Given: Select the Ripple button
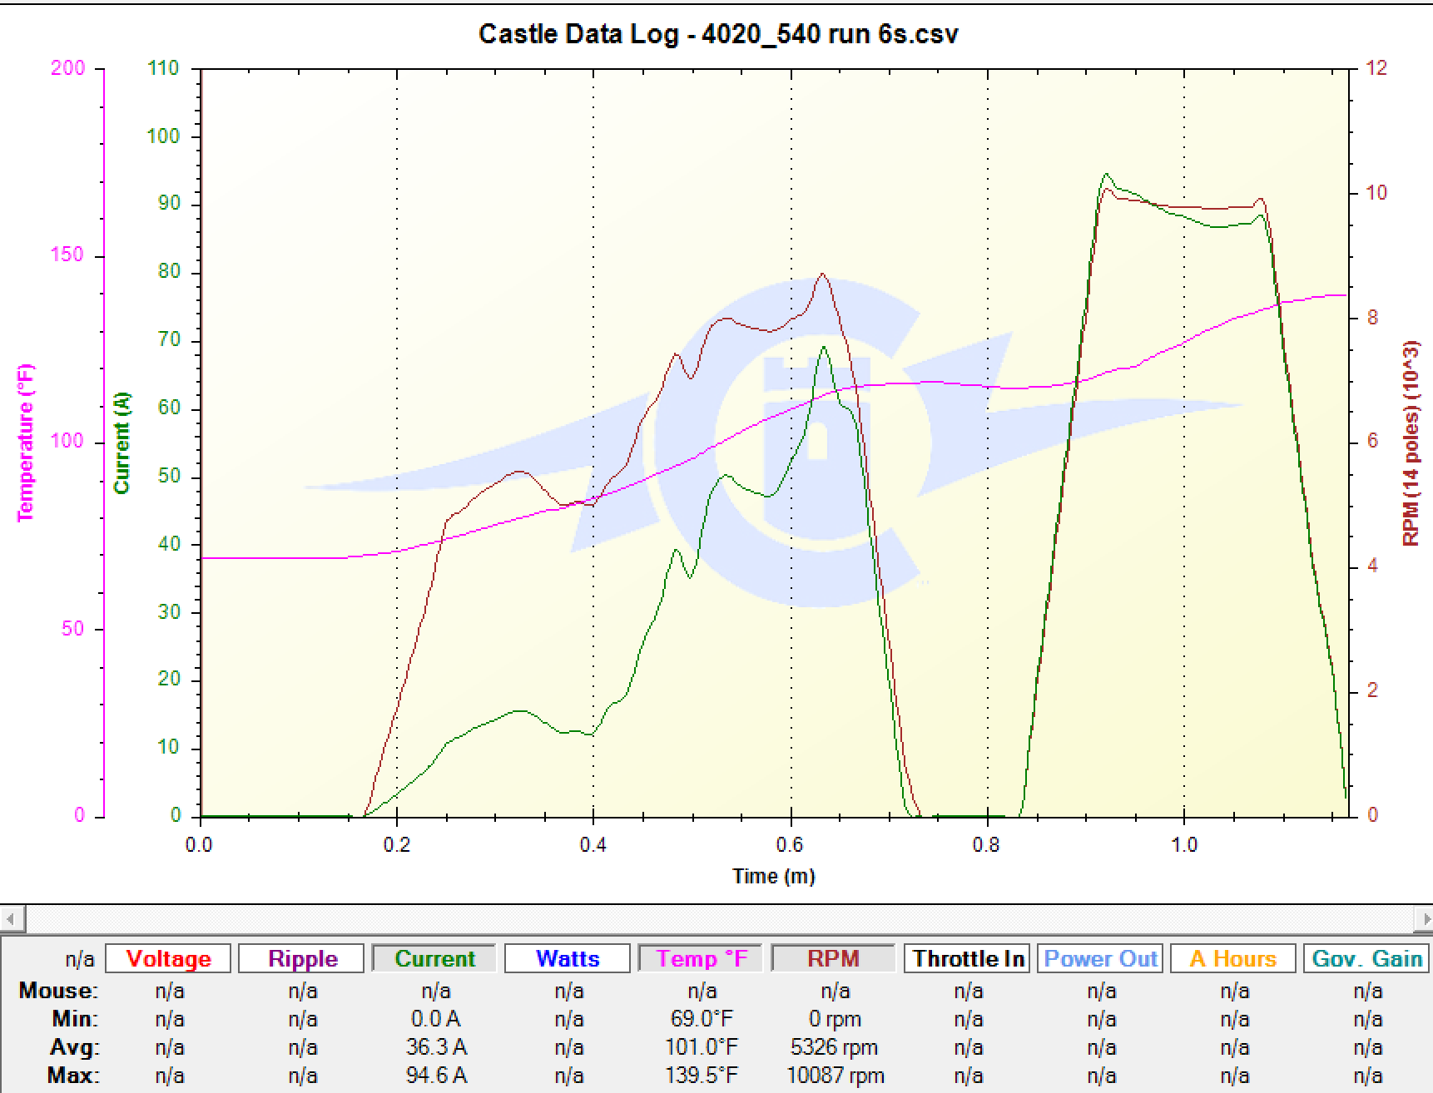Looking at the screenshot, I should [x=301, y=958].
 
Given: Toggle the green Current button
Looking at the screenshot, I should [x=434, y=958].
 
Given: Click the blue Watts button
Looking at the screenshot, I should [x=568, y=958].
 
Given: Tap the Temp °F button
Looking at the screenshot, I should [x=702, y=958].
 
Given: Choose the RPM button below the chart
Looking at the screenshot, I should [x=833, y=958].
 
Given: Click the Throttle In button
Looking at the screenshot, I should [x=968, y=958].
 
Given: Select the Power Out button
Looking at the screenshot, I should [x=1101, y=958].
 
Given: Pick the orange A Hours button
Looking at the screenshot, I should [x=1233, y=958].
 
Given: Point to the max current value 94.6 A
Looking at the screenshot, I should [x=435, y=1076].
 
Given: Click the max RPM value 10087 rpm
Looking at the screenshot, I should [x=835, y=1076].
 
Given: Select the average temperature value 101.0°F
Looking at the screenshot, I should [x=702, y=1047].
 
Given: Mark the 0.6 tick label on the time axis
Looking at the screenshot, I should [x=790, y=845].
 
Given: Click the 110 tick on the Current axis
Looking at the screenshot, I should [x=163, y=68].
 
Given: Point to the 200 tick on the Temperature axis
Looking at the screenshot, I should [x=68, y=68].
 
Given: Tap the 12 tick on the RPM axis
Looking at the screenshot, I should [x=1377, y=68].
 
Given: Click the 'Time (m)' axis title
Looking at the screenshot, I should [x=773, y=876].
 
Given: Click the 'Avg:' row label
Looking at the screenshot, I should [x=74, y=1047].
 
